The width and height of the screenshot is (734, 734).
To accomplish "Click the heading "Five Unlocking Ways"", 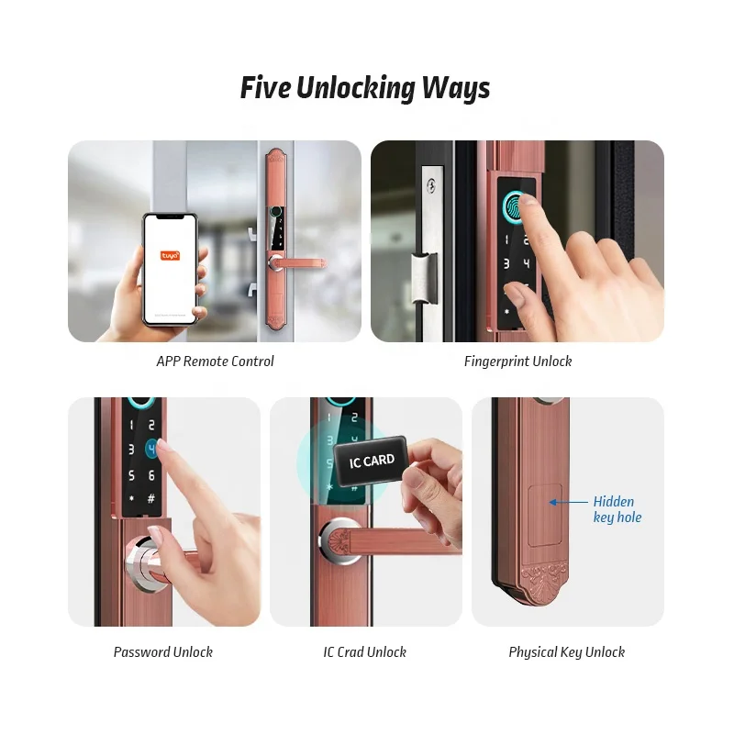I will pyautogui.click(x=365, y=88).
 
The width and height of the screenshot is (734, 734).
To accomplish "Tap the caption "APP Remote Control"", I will pyautogui.click(x=215, y=361).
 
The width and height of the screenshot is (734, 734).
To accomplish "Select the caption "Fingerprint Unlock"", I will pyautogui.click(x=517, y=361).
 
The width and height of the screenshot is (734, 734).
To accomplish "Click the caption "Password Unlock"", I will pyautogui.click(x=163, y=652).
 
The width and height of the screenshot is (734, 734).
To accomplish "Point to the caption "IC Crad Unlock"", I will pyautogui.click(x=364, y=652).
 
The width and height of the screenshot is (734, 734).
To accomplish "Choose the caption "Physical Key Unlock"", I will pyautogui.click(x=566, y=652).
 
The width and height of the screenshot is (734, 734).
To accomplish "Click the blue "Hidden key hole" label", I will pyautogui.click(x=617, y=509).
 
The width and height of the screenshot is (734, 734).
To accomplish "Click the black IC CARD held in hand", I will pyautogui.click(x=372, y=461).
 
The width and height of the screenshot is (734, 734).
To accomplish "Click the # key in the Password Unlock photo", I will pyautogui.click(x=151, y=500).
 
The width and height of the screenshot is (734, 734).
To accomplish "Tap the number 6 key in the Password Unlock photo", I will pyautogui.click(x=151, y=475).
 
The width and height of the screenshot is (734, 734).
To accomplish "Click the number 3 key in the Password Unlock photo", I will pyautogui.click(x=130, y=450).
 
